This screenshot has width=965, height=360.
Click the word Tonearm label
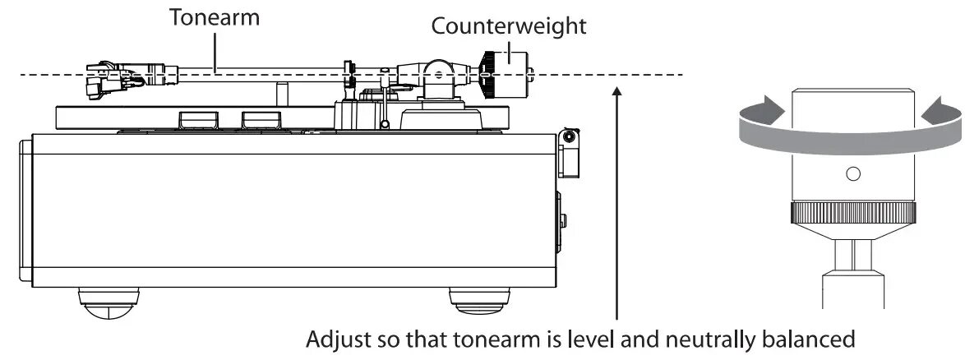point(214,18)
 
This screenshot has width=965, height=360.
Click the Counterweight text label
point(509,25)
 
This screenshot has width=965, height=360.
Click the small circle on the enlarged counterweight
point(852,173)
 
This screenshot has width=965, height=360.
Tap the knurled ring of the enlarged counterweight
point(852,214)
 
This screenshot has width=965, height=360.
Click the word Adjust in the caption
point(331,339)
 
